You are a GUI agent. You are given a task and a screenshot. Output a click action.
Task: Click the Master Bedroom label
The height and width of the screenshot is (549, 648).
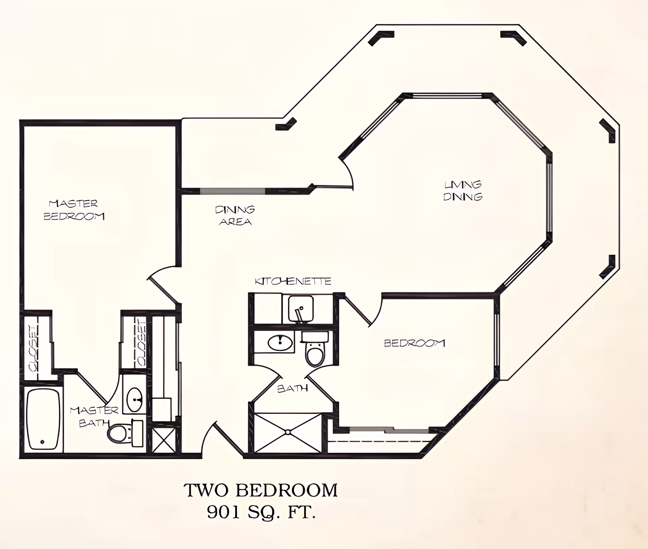pyautogui.click(x=74, y=210)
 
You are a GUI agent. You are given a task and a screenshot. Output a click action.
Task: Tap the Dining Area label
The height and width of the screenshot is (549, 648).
pyautogui.click(x=235, y=215)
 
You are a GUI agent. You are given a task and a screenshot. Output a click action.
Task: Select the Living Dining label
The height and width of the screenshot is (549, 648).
pyautogui.click(x=462, y=191)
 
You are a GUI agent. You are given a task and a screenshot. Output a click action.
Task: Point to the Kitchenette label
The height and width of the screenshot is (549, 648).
pyautogui.click(x=293, y=281)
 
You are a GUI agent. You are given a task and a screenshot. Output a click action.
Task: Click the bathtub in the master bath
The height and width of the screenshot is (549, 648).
pyautogui.click(x=43, y=419)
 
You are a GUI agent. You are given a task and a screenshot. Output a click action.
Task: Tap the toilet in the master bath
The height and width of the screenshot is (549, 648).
pyautogui.click(x=118, y=433)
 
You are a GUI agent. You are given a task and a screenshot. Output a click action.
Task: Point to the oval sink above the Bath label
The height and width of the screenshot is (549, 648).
pyautogui.click(x=280, y=343)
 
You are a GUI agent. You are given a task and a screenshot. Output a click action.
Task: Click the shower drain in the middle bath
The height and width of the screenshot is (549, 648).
pyautogui.click(x=288, y=432)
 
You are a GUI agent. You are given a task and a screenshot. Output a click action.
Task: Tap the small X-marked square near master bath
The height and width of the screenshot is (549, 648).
pyautogui.click(x=164, y=440)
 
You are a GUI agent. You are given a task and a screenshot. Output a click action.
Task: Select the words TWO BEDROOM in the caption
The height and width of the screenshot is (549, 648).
pyautogui.click(x=260, y=490)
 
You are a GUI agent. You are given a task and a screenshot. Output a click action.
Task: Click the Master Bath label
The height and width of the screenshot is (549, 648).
pyautogui.click(x=94, y=417)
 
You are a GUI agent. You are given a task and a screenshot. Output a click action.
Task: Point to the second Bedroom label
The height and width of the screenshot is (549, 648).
pyautogui.click(x=414, y=343)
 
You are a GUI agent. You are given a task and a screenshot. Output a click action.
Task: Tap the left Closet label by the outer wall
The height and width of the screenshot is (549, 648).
pyautogui.click(x=33, y=348)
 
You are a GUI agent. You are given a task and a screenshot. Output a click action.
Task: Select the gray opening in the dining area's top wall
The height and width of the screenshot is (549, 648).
pyautogui.click(x=233, y=191)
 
